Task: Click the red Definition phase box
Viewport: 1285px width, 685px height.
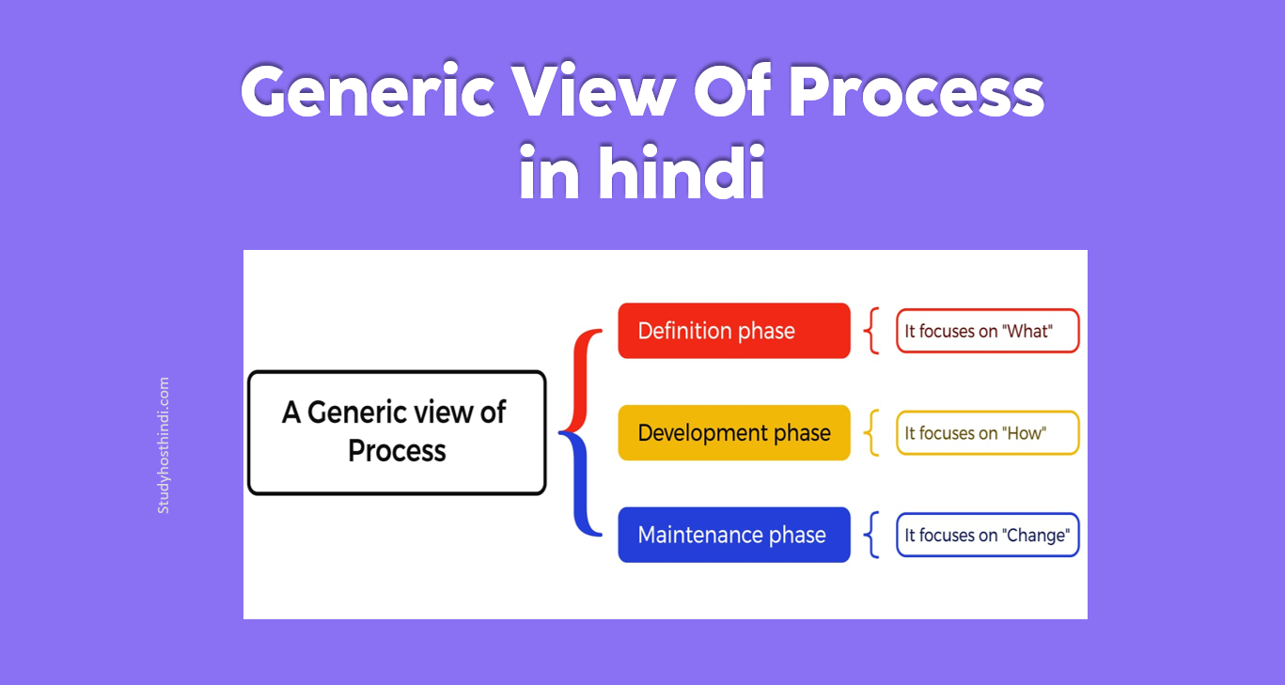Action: [734, 331]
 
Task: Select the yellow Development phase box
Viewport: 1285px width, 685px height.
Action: [734, 433]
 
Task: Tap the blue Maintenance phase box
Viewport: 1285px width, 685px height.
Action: [734, 535]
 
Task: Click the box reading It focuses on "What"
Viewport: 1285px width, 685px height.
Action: [987, 331]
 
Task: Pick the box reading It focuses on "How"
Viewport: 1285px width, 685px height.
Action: [987, 433]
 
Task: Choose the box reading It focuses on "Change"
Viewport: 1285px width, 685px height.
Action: [987, 535]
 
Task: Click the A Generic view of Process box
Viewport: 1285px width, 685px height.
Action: [397, 433]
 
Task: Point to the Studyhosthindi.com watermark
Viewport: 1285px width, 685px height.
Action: [164, 445]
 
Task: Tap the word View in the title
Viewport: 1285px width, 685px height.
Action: [594, 90]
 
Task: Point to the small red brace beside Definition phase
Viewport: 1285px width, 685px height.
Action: [871, 331]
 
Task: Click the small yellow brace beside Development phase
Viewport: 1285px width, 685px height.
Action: [871, 433]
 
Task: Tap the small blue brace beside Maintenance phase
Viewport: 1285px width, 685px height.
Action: [871, 535]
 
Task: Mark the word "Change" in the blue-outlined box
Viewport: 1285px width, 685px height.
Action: [1036, 536]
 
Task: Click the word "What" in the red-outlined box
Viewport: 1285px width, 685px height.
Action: [1027, 331]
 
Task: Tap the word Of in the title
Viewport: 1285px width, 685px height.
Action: [732, 90]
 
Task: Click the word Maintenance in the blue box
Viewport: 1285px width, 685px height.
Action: [700, 535]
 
